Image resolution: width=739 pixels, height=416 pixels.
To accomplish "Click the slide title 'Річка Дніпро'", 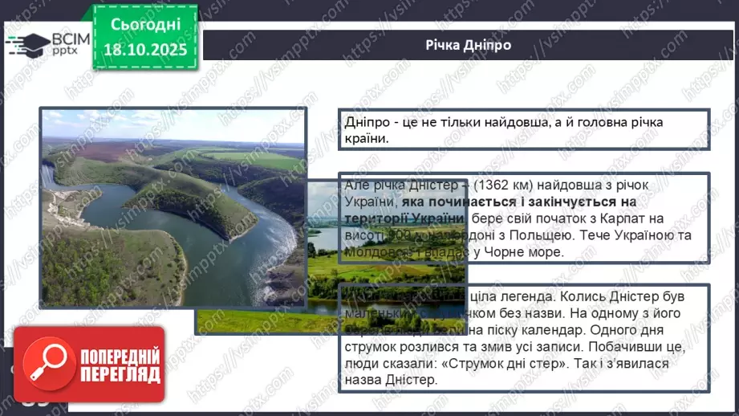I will (469, 44).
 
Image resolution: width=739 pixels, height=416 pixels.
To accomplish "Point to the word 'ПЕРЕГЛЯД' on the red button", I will (120, 374).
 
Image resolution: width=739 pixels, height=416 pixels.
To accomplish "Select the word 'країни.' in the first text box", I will (366, 138).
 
